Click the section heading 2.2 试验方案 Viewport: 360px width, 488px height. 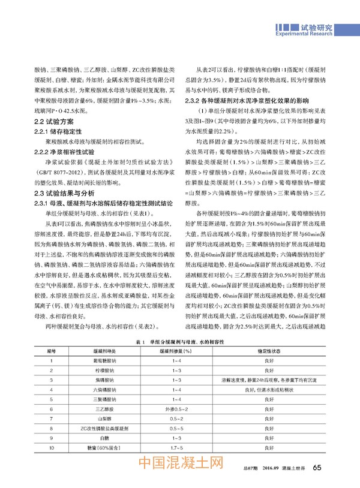[x=53, y=121]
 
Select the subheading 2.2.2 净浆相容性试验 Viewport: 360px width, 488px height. [x=68, y=152]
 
